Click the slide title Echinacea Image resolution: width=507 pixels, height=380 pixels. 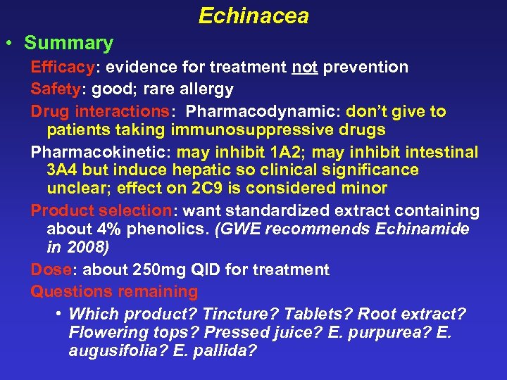[254, 15]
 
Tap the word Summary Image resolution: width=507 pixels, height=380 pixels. [68, 43]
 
